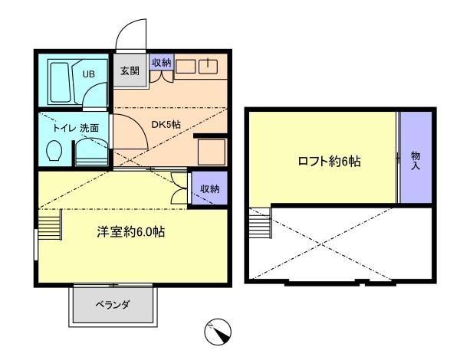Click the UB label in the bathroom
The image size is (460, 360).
click(88, 74)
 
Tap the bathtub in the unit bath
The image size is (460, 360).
click(61, 83)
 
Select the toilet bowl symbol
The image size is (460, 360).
click(54, 150)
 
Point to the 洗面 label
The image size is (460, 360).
click(90, 128)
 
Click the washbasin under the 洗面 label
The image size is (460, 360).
click(91, 152)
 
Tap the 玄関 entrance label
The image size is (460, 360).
click(130, 70)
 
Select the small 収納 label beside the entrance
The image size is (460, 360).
click(162, 62)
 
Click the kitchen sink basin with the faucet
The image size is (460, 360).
click(208, 66)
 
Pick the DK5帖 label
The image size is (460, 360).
click(166, 125)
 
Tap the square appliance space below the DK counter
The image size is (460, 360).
click(212, 152)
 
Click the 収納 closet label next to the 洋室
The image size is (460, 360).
click(210, 188)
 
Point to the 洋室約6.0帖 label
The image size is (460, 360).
click(131, 231)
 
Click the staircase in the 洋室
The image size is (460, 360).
click(50, 224)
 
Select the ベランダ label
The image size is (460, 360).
click(113, 305)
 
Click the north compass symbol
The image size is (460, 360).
click(218, 332)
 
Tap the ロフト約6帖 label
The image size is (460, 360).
click(329, 161)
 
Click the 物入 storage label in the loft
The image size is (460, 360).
click(416, 161)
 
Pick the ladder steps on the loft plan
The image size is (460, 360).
click(261, 222)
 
